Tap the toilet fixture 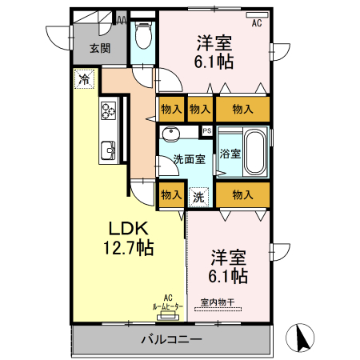[142, 36]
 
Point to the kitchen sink [106, 150]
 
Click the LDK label [119, 226]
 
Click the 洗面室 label [189, 158]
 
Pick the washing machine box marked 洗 [198, 194]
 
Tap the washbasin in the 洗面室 [170, 134]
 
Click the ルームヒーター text [167, 306]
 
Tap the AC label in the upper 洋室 [257, 23]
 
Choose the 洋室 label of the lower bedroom [229, 258]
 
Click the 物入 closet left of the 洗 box [170, 194]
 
